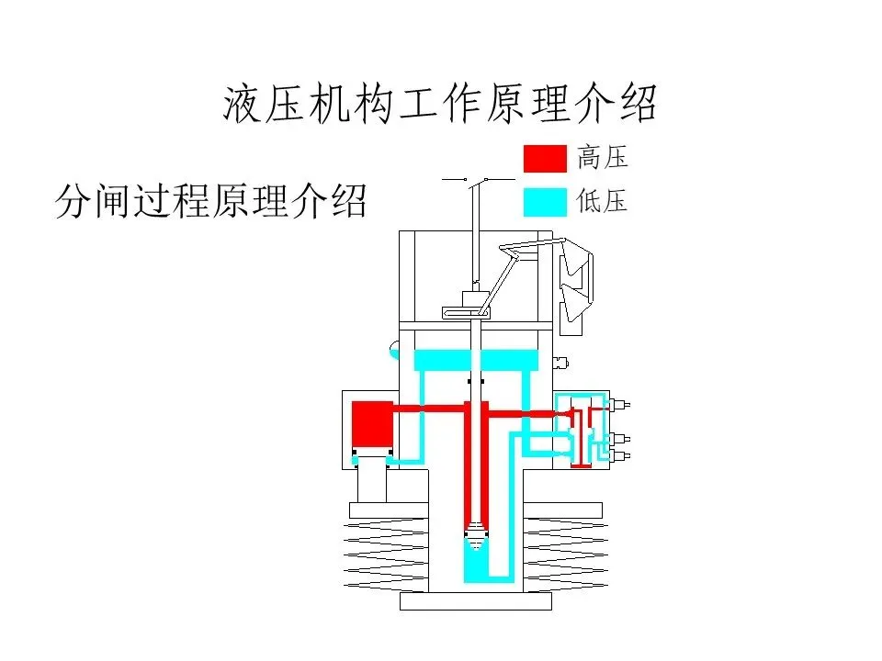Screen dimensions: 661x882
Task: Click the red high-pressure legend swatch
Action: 545,158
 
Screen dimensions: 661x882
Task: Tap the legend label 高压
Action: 603,157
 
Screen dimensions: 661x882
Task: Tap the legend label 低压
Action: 603,201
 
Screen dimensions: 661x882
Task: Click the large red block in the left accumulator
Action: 373,425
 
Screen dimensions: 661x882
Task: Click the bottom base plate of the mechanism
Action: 476,601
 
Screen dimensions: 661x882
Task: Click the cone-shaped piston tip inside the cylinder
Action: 476,530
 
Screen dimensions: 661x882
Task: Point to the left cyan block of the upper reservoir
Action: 441,360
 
